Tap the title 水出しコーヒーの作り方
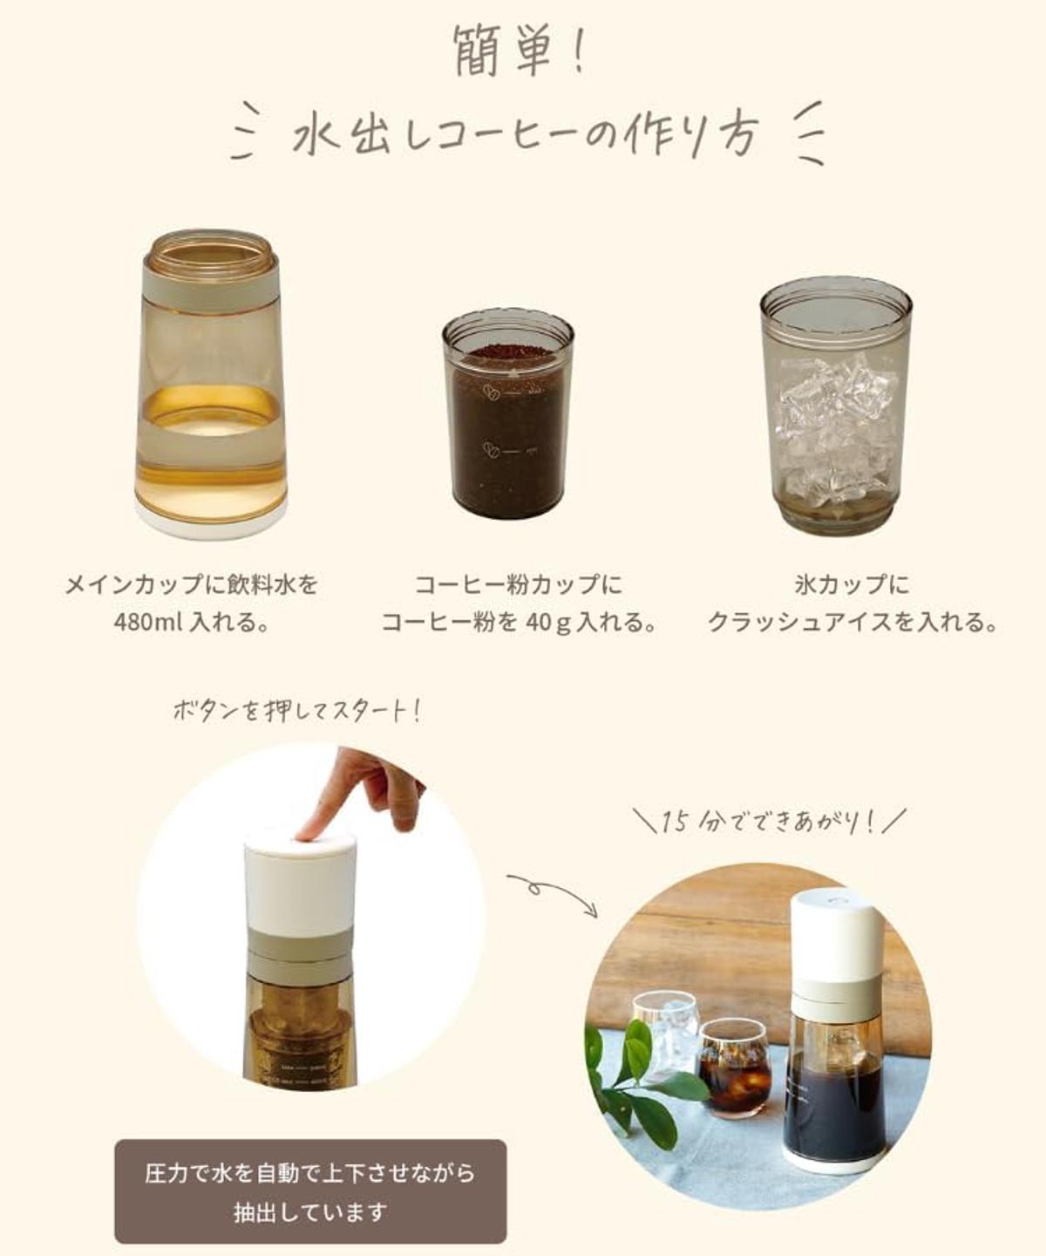point(524,134)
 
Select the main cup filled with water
point(210,384)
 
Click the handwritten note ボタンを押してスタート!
point(296,713)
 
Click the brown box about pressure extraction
point(311,1191)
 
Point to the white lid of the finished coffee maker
point(831,930)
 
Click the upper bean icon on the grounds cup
point(492,392)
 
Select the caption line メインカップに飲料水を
point(191,584)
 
